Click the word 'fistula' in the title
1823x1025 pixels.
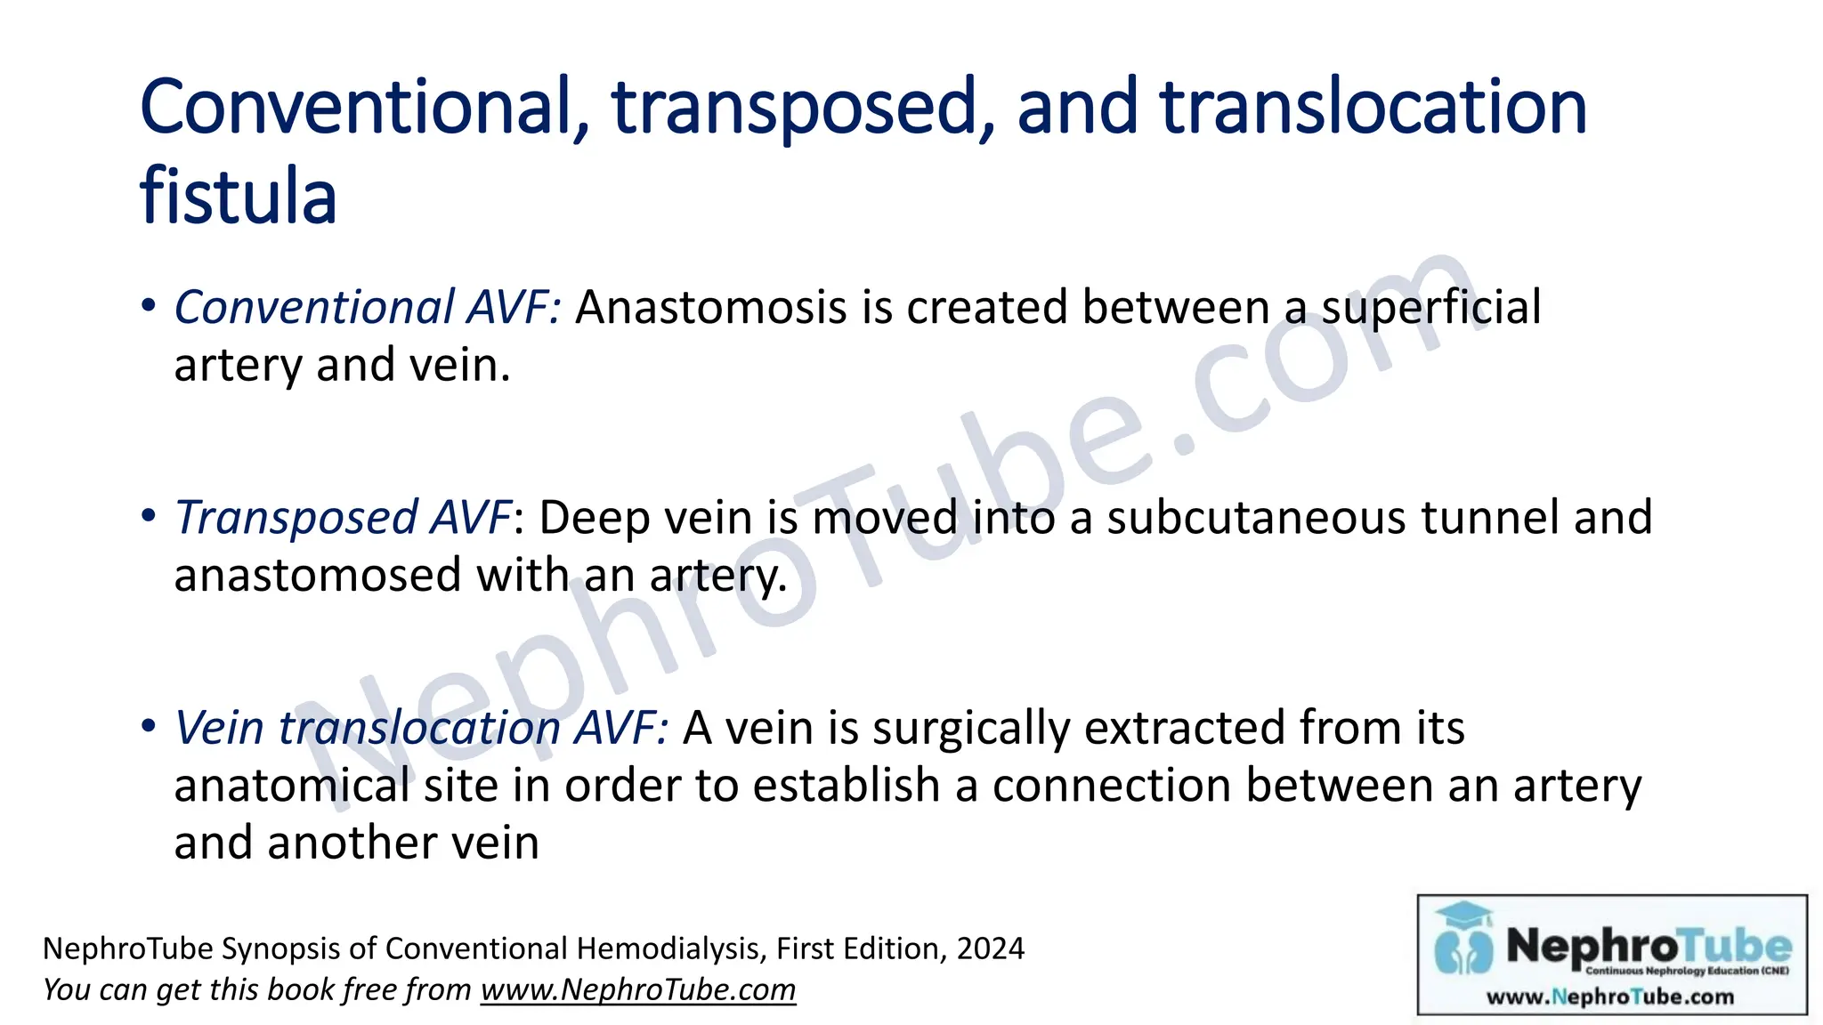coord(238,198)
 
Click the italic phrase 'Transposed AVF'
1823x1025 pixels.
coord(343,518)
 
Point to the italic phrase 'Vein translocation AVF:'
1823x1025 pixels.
coord(421,728)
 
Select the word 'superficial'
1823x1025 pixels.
coord(1430,308)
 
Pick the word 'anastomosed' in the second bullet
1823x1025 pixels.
coord(317,575)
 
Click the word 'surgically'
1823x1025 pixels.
coord(970,728)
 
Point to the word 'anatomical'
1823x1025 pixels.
coord(292,786)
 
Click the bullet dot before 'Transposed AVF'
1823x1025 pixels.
coord(149,515)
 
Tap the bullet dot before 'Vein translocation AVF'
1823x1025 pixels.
coord(149,725)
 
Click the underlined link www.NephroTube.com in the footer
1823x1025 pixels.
coord(637,990)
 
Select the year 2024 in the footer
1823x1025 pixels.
coord(990,949)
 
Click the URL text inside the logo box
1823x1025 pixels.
coord(1610,997)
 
